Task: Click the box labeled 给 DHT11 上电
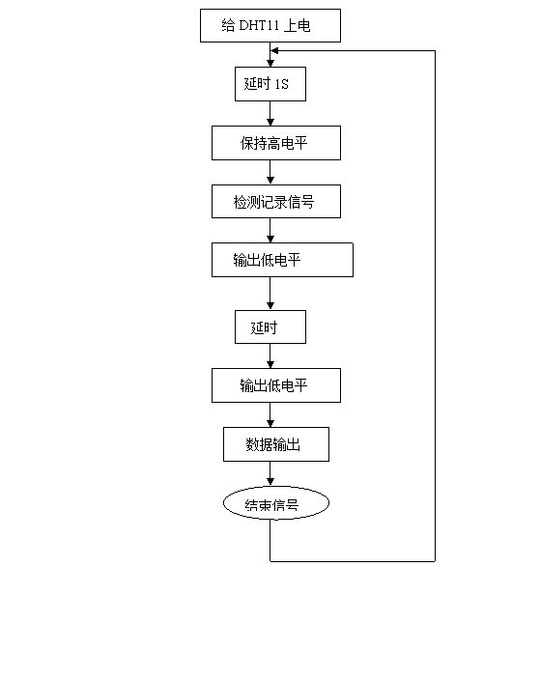click(x=270, y=25)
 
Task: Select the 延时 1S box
click(x=270, y=84)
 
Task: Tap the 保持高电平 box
click(x=276, y=143)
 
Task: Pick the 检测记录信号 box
click(x=276, y=201)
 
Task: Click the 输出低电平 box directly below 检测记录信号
click(x=282, y=260)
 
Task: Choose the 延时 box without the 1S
click(x=270, y=327)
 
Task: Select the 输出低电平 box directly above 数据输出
click(x=276, y=385)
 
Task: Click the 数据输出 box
click(x=276, y=444)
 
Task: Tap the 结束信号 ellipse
click(x=276, y=503)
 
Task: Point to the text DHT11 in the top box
click(x=259, y=25)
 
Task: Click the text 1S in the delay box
click(x=281, y=84)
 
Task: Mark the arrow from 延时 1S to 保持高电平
click(x=270, y=114)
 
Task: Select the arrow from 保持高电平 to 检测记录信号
click(x=270, y=172)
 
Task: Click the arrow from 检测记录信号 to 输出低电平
click(x=270, y=230)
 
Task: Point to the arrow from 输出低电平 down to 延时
click(x=270, y=294)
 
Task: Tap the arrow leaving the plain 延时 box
click(x=270, y=356)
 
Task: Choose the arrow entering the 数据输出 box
click(x=270, y=415)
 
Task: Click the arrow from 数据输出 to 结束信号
click(x=270, y=473)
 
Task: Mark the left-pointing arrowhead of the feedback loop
click(x=274, y=51)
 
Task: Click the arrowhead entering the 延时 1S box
click(x=270, y=64)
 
